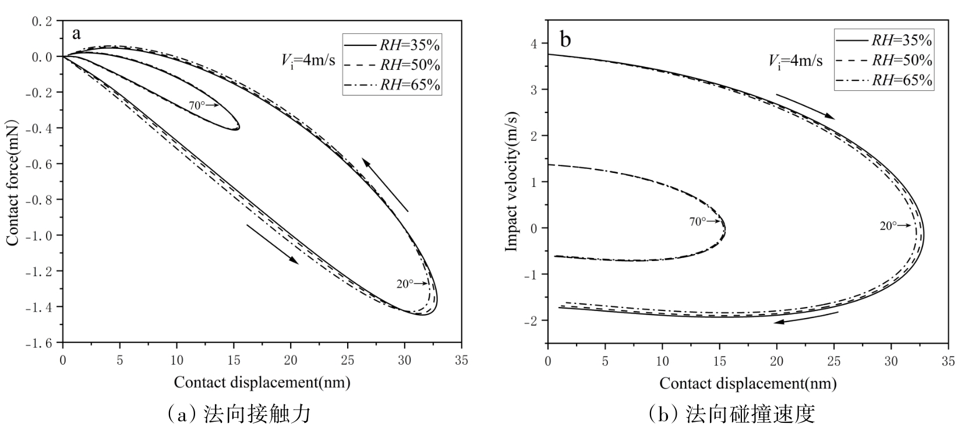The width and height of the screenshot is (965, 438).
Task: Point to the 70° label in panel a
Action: pos(196,105)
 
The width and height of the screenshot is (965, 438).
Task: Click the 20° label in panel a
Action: pos(404,284)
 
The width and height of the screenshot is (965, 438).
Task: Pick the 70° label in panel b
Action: pos(697,221)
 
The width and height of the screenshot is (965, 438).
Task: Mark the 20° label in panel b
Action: pos(888,226)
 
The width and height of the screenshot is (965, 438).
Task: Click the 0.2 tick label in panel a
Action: pos(43,21)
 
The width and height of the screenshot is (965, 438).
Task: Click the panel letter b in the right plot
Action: pos(565,39)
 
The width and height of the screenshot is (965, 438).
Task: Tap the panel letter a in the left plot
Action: pos(76,33)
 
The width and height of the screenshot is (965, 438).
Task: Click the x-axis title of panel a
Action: pos(262,382)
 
